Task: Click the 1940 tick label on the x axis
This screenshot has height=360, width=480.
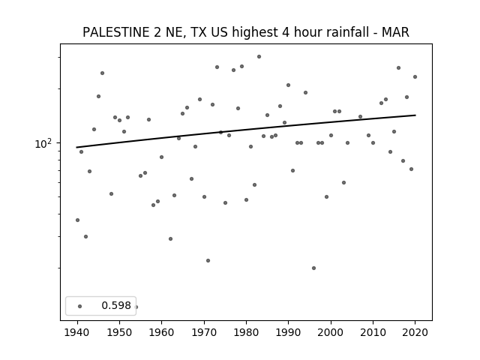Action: tap(77, 332)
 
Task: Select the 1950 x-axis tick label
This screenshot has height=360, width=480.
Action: tap(119, 332)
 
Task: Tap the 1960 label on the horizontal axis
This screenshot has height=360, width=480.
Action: tap(162, 332)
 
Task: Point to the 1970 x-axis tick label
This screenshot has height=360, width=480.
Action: tap(204, 332)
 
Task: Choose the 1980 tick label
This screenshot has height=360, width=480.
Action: tap(246, 332)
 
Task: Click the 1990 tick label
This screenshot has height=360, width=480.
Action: tap(288, 332)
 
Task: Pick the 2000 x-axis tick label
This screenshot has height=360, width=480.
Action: tap(331, 332)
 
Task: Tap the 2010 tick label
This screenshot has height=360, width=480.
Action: tap(373, 332)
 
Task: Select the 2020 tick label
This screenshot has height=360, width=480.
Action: tap(415, 332)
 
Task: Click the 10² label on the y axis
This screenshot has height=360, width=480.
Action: tap(43, 143)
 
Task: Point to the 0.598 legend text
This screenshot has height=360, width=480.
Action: tap(116, 305)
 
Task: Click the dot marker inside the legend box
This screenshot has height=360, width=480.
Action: tap(80, 306)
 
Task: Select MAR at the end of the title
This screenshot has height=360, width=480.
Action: tap(395, 32)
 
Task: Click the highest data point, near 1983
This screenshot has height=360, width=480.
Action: tap(259, 57)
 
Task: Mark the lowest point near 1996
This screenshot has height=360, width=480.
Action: tap(313, 268)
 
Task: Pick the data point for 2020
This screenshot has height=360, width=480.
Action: tap(415, 76)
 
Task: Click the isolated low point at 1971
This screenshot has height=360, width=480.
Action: tap(208, 260)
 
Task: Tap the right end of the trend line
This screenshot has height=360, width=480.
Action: tap(415, 115)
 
